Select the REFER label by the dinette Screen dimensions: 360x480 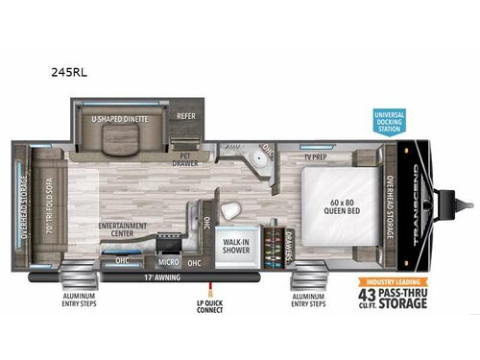pos(186,117)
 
